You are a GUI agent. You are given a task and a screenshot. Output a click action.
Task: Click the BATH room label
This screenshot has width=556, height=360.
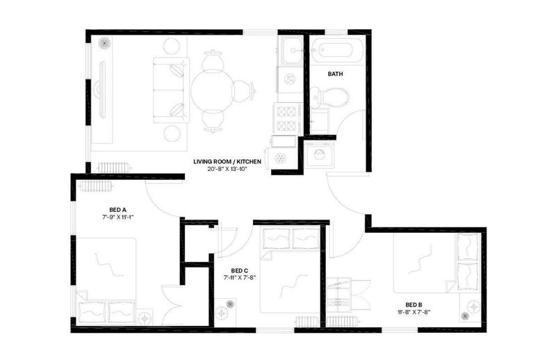[335, 74]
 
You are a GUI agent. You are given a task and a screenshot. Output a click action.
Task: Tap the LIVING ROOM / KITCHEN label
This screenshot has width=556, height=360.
[227, 162]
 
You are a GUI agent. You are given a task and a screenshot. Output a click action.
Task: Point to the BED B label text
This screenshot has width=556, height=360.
[414, 304]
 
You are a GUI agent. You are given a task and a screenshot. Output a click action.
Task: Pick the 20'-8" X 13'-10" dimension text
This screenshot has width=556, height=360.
[227, 169]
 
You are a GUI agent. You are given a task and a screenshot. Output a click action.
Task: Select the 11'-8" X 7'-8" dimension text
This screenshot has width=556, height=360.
[414, 312]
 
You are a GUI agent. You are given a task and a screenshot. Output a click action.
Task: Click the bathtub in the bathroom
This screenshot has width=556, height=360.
[337, 51]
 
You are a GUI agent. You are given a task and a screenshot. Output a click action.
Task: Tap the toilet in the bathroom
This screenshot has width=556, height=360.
[329, 96]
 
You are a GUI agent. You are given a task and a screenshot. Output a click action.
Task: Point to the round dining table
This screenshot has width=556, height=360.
[212, 90]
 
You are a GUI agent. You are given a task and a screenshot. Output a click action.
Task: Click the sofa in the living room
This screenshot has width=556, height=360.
[171, 90]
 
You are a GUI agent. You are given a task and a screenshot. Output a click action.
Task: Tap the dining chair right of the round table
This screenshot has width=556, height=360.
[245, 90]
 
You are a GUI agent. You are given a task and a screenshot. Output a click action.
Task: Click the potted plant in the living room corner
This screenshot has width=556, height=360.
[104, 43]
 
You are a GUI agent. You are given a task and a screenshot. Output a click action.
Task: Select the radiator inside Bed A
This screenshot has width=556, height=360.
[96, 186]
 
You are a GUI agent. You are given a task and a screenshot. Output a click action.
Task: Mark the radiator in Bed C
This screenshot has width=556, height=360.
[308, 322]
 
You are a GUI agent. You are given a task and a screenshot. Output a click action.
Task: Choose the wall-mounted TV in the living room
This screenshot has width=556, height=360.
[101, 90]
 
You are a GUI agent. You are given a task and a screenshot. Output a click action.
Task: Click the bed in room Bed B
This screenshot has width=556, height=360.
[437, 263]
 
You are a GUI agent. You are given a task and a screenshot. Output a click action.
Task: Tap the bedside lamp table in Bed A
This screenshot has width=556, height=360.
[145, 318]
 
